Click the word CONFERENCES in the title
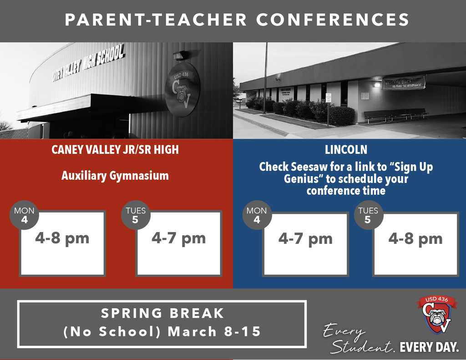pos(332,20)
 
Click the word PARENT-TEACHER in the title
pos(156,20)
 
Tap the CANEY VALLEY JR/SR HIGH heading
pos(115,150)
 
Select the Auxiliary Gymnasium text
pos(115,176)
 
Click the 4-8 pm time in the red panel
pos(62,238)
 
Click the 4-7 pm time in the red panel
pos(179,238)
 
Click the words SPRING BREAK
pos(162,314)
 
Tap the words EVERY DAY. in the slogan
pos(429,348)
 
